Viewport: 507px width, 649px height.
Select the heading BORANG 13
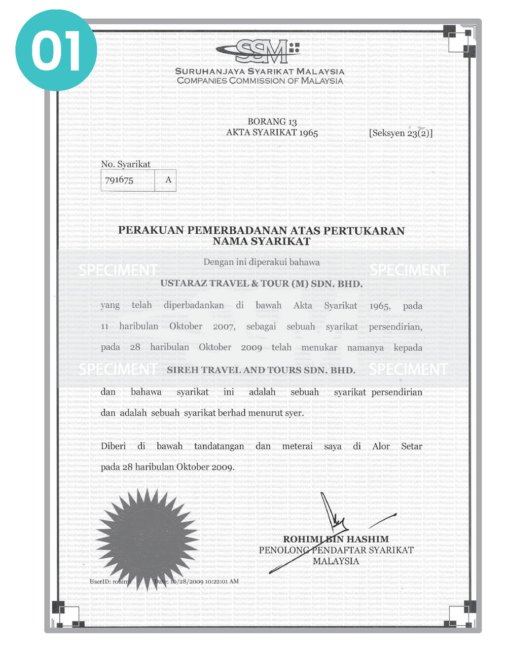pos(272,122)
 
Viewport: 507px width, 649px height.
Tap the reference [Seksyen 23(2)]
pos(401,133)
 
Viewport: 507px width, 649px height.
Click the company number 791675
pos(119,180)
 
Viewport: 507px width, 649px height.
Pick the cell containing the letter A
pos(168,180)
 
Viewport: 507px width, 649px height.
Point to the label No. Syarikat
pos(126,164)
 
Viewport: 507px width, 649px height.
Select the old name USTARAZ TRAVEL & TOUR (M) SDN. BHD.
pos(261,284)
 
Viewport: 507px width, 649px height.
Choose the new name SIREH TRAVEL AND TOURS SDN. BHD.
pos(261,370)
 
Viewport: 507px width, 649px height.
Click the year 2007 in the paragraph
pos(224,327)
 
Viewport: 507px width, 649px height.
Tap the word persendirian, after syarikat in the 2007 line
pos(395,327)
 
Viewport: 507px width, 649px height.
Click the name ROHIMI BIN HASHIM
pos(336,539)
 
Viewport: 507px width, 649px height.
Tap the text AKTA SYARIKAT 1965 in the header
pos(272,133)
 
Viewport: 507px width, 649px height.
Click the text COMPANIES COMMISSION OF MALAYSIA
pos(260,81)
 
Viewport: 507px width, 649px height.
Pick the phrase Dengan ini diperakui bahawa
pos(261,262)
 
